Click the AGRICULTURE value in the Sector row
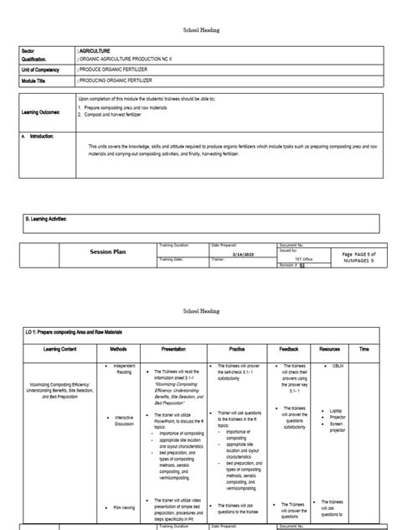coord(99,50)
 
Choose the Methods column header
coord(118,349)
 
